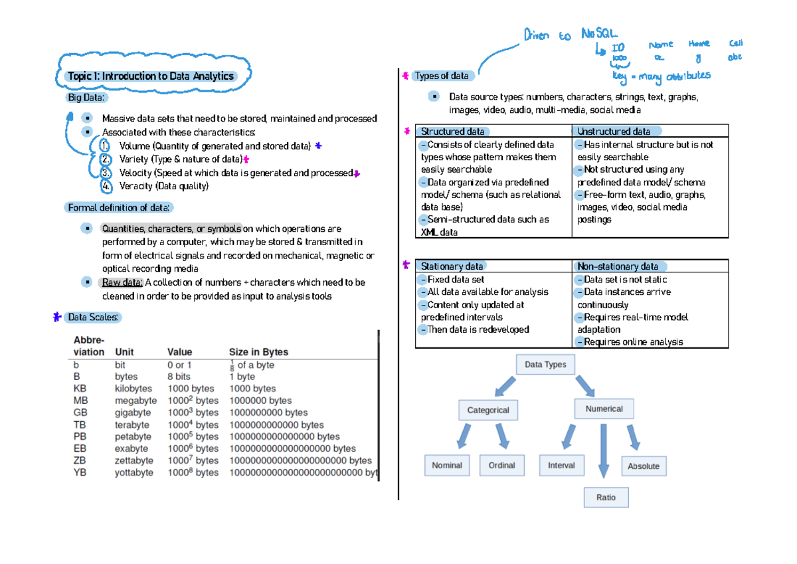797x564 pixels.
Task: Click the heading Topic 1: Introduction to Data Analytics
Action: coord(150,76)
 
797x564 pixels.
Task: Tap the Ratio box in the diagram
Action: coord(606,497)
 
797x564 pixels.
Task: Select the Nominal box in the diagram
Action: coord(446,465)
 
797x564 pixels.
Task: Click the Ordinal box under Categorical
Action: coord(501,465)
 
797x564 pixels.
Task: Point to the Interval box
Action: coord(561,465)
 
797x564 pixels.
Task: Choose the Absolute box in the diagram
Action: coord(643,466)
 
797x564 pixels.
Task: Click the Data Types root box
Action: coord(545,365)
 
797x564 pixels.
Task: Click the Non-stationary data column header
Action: coord(618,266)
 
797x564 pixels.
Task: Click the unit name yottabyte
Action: coord(134,473)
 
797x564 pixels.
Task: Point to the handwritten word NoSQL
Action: coord(599,33)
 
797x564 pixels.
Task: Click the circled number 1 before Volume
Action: coord(106,145)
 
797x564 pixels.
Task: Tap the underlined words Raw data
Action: coord(121,282)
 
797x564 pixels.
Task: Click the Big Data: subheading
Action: coord(86,98)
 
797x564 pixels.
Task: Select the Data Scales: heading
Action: coord(93,318)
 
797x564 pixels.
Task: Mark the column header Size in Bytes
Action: coord(258,352)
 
